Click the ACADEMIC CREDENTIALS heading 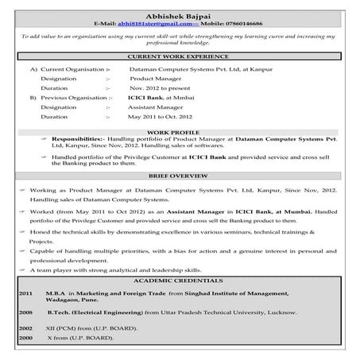pos(180,281)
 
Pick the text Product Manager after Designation pos(151,80)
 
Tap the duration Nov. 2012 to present pos(161,89)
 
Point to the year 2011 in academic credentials pos(25,292)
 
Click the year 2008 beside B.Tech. pos(25,313)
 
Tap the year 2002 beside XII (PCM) pos(25,327)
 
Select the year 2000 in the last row pos(25,338)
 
